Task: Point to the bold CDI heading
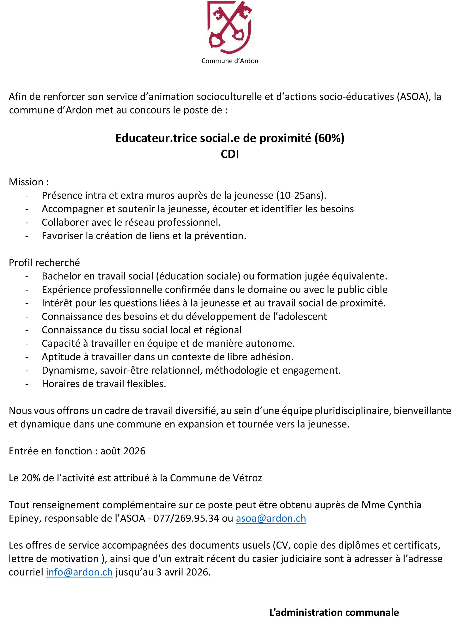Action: click(230, 154)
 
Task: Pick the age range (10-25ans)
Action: click(301, 195)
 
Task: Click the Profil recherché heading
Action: click(44, 263)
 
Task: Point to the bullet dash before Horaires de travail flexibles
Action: click(27, 384)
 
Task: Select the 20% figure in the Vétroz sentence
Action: click(31, 478)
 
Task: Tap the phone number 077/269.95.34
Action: click(186, 519)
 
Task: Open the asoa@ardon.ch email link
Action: click(271, 519)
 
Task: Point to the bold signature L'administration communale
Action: click(334, 613)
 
